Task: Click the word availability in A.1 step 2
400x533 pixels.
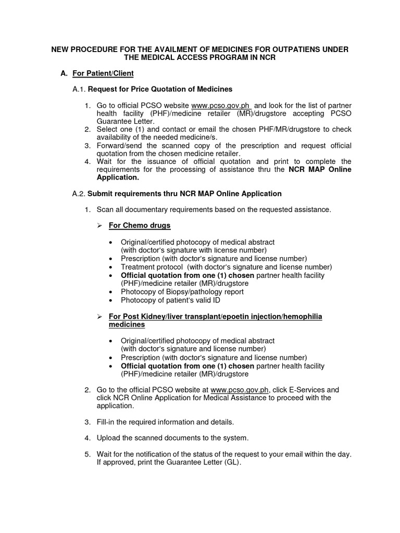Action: click(x=113, y=137)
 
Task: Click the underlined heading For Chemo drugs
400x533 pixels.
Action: click(x=139, y=225)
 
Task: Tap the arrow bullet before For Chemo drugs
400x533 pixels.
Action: click(x=101, y=225)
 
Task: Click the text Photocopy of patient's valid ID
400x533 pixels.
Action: click(x=170, y=300)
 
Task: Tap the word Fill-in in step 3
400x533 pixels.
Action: click(x=107, y=421)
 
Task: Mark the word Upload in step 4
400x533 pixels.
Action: click(x=108, y=438)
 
